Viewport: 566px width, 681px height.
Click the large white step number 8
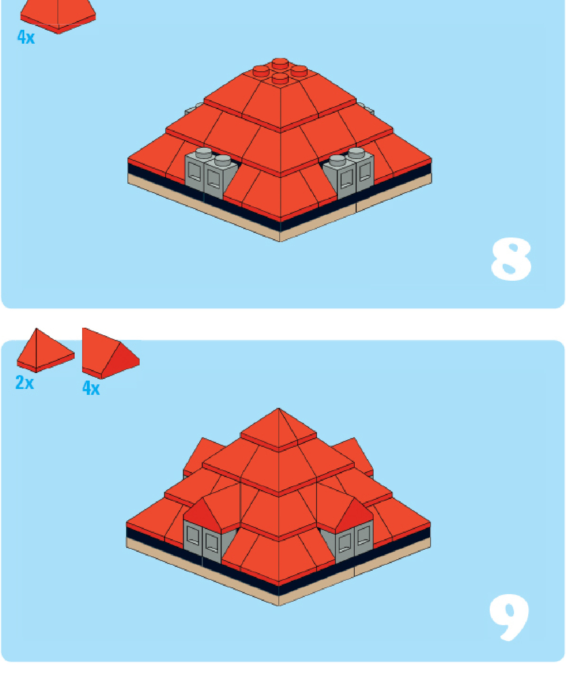[511, 259]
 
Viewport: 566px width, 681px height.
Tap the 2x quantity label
[25, 383]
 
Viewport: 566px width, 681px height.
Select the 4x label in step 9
[91, 388]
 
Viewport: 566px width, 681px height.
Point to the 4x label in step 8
[26, 37]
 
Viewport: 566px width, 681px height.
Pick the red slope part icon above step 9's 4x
[111, 353]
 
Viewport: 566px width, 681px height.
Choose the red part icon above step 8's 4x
[58, 16]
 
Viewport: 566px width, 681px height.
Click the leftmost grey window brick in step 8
[195, 172]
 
